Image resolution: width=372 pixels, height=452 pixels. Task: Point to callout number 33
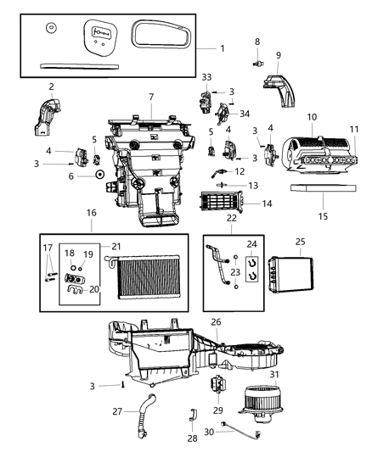point(206,77)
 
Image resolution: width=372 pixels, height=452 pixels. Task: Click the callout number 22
point(231,219)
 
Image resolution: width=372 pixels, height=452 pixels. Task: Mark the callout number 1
point(223,48)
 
